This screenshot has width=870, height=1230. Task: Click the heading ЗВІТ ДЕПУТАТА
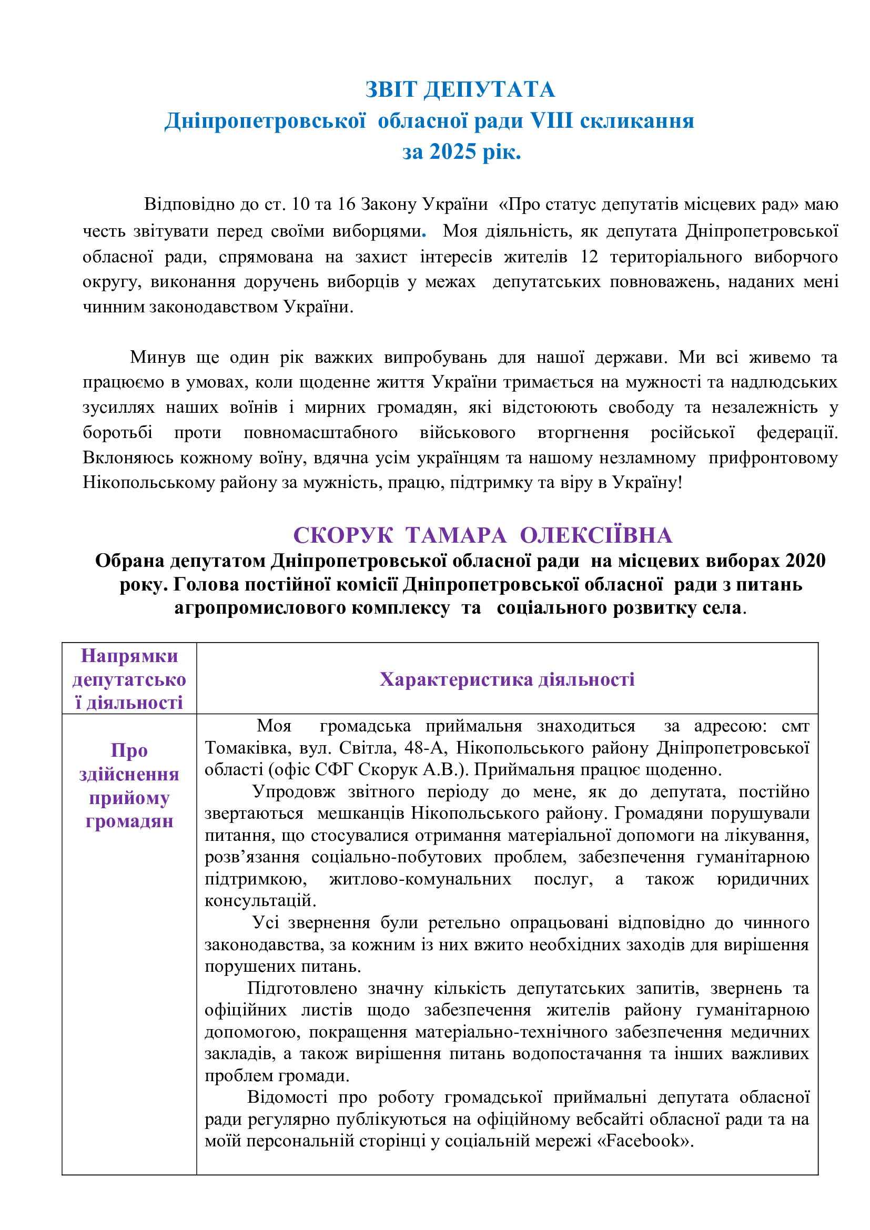coord(460,89)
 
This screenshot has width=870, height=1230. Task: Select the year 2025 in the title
coord(453,151)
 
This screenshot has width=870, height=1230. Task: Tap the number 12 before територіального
coord(589,257)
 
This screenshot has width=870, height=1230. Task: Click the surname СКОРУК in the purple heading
coord(343,535)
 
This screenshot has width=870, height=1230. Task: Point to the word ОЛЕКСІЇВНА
coord(596,535)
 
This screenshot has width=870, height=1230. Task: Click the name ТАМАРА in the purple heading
coord(456,535)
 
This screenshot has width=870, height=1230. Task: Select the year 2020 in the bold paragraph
coord(805,561)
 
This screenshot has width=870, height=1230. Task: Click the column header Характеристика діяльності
coord(507,679)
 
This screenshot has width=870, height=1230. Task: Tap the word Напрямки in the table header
coord(129,656)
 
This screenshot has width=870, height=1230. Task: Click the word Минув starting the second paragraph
coord(157,357)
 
